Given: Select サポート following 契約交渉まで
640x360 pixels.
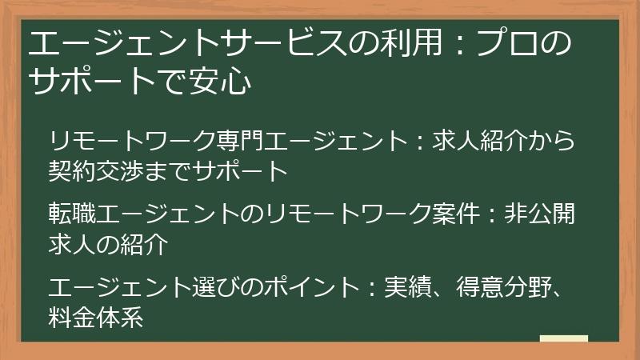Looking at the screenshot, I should [x=238, y=170].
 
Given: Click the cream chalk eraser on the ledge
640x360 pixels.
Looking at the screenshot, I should [x=563, y=338].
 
